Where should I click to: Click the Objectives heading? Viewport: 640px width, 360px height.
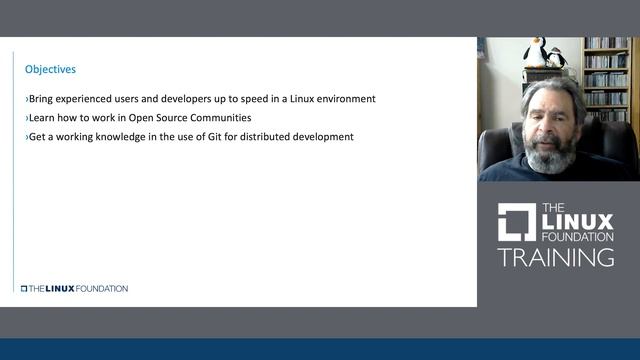tap(50, 70)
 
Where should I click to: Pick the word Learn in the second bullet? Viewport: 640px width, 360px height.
tap(41, 118)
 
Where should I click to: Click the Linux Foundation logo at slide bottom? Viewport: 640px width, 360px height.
tap(74, 288)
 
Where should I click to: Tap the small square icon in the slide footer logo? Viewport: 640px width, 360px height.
tap(24, 288)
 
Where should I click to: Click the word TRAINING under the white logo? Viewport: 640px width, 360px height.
tap(556, 257)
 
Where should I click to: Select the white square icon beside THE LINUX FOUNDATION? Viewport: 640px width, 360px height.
tap(517, 222)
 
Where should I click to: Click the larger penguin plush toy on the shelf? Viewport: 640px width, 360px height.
tap(536, 53)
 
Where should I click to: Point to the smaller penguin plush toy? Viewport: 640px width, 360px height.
tap(556, 58)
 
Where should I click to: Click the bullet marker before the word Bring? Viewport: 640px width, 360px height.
tap(27, 99)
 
